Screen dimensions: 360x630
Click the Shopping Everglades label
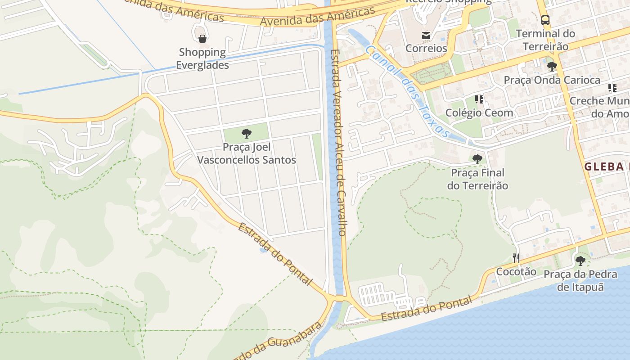[202, 58]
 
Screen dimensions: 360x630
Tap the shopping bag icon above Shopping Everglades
[202, 39]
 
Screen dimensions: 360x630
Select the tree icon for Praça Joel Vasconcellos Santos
[246, 133]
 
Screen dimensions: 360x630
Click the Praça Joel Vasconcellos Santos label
[247, 153]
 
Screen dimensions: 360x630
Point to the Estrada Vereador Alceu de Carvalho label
[337, 142]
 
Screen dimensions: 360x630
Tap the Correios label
[426, 48]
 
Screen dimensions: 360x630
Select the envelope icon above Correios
[426, 35]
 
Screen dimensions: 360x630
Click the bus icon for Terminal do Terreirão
[545, 20]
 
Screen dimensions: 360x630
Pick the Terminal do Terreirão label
[545, 40]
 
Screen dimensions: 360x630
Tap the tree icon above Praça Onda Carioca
[552, 67]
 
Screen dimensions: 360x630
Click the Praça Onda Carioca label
[552, 80]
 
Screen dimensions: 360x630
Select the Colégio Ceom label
[479, 112]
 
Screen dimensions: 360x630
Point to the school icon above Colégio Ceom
[479, 99]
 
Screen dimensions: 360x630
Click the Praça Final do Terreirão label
[477, 179]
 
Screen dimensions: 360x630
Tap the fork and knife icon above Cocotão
[516, 258]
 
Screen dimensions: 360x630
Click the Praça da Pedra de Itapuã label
[580, 280]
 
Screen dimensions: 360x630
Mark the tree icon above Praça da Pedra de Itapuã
[580, 261]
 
